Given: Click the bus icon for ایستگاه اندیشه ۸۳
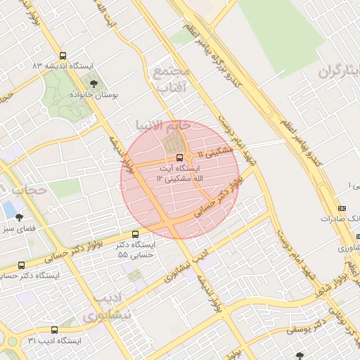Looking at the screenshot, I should pos(63,56).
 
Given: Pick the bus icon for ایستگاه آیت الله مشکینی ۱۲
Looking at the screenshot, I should pos(179,157).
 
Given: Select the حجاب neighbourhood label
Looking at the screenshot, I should pos(28,190).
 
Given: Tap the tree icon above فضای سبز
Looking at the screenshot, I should pos(19,217).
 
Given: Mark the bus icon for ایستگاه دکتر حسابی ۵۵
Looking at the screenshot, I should pos(135,234).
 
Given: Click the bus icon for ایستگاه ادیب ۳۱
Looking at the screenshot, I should pos(54,330).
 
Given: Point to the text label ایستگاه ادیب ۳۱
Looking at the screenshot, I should pos(56,341).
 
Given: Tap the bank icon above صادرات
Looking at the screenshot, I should pos(342,209).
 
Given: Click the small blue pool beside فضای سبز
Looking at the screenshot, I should pos(8,210).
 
